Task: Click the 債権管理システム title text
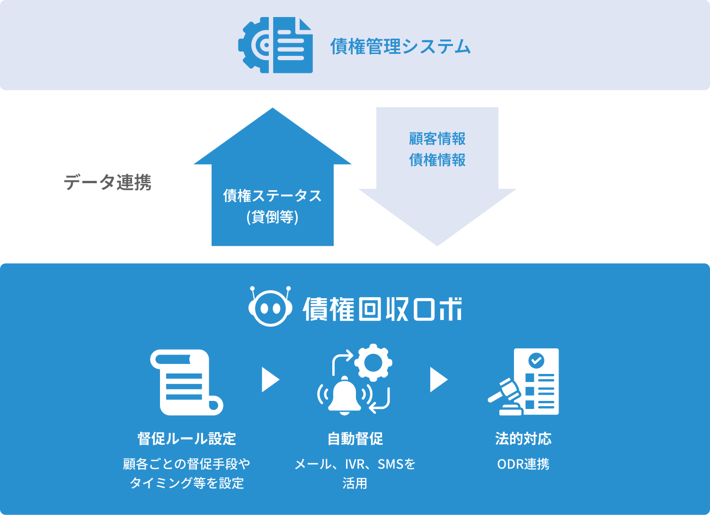pos(400,46)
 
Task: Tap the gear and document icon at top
pos(275,45)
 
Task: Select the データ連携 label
pos(107,182)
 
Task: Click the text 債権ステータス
pos(272,195)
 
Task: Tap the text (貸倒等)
pos(272,217)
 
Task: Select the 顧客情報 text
pos(437,139)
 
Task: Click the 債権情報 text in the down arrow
pos(437,160)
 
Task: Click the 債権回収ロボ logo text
pos(382,310)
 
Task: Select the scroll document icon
pos(186,382)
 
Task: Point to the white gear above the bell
pos(373,363)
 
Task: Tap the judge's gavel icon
pos(505,397)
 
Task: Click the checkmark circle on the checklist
pos(536,361)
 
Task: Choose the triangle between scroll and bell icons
pos(270,380)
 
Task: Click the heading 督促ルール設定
pos(186,439)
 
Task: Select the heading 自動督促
pos(355,439)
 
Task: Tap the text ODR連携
pos(523,464)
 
